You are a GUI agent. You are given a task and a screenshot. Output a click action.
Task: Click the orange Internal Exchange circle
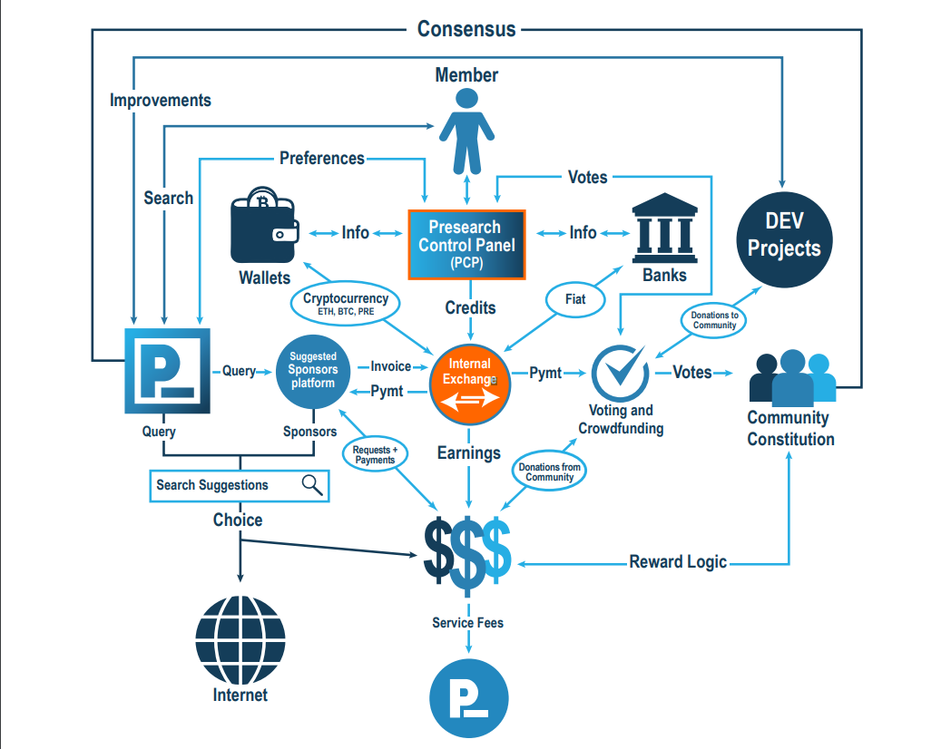pyautogui.click(x=469, y=384)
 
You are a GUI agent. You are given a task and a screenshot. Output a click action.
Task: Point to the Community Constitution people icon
pyautogui.click(x=791, y=377)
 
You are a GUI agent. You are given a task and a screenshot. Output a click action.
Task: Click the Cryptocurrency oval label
pyautogui.click(x=345, y=303)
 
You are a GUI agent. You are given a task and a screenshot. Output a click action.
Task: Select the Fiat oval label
pyautogui.click(x=575, y=298)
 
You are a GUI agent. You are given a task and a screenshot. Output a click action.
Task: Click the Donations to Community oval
pyautogui.click(x=714, y=319)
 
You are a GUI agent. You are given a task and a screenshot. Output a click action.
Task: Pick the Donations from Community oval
pyautogui.click(x=550, y=472)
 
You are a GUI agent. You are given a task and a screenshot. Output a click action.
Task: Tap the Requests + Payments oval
pyautogui.click(x=375, y=454)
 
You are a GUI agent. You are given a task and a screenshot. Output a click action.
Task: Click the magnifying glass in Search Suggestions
pyautogui.click(x=312, y=485)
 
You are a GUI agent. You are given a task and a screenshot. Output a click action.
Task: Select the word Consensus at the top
pyautogui.click(x=466, y=29)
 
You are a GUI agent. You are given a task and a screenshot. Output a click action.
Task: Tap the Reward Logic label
pyautogui.click(x=678, y=562)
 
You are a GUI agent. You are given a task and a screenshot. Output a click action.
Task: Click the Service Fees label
pyautogui.click(x=467, y=623)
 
